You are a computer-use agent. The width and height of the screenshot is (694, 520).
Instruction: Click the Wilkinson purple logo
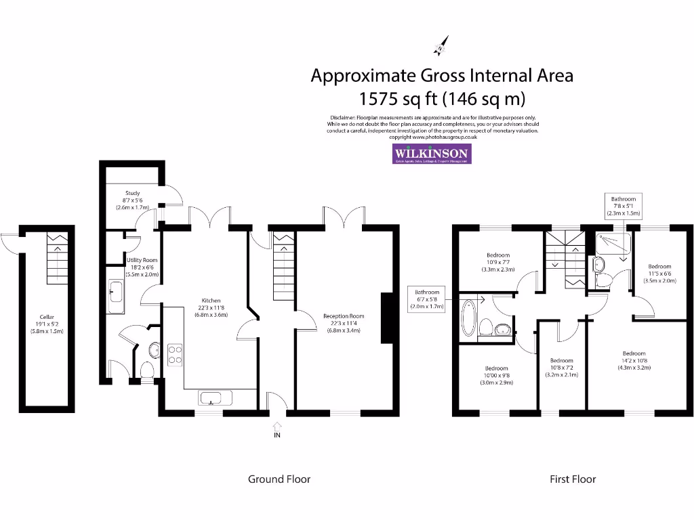pos(432,154)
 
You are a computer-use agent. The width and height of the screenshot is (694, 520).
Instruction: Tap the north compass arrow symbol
pos(440,45)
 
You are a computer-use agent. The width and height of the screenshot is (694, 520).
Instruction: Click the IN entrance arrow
pos(277,427)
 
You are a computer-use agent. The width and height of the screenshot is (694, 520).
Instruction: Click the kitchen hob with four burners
pos(175,355)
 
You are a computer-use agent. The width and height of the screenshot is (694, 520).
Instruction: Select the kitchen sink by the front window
pos(216,397)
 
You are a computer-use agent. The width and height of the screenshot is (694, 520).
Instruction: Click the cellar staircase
pos(58,259)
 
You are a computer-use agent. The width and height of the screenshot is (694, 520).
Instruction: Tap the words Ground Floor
pos(279,479)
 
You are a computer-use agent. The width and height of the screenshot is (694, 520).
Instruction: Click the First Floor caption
pos(572,479)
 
